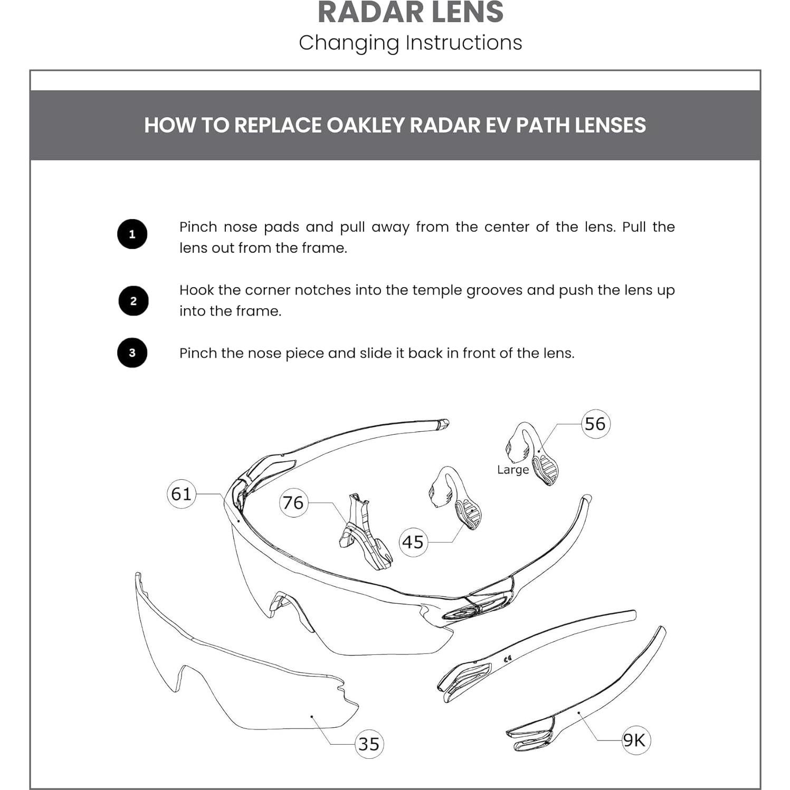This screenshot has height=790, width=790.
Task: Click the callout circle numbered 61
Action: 182,494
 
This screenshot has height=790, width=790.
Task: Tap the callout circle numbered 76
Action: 293,502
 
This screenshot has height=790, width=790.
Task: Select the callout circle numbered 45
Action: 413,542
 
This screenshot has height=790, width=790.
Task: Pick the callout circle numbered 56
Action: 595,424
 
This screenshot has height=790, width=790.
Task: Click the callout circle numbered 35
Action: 369,744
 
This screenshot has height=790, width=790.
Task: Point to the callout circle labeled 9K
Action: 635,740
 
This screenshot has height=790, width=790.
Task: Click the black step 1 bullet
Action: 132,234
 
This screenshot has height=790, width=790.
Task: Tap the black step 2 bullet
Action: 133,301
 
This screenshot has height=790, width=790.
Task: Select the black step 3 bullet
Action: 132,353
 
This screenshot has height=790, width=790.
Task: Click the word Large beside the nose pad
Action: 512,470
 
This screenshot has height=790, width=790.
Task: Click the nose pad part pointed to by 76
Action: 364,533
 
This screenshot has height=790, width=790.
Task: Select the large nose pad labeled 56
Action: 533,454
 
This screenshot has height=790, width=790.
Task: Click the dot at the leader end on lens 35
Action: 312,717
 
